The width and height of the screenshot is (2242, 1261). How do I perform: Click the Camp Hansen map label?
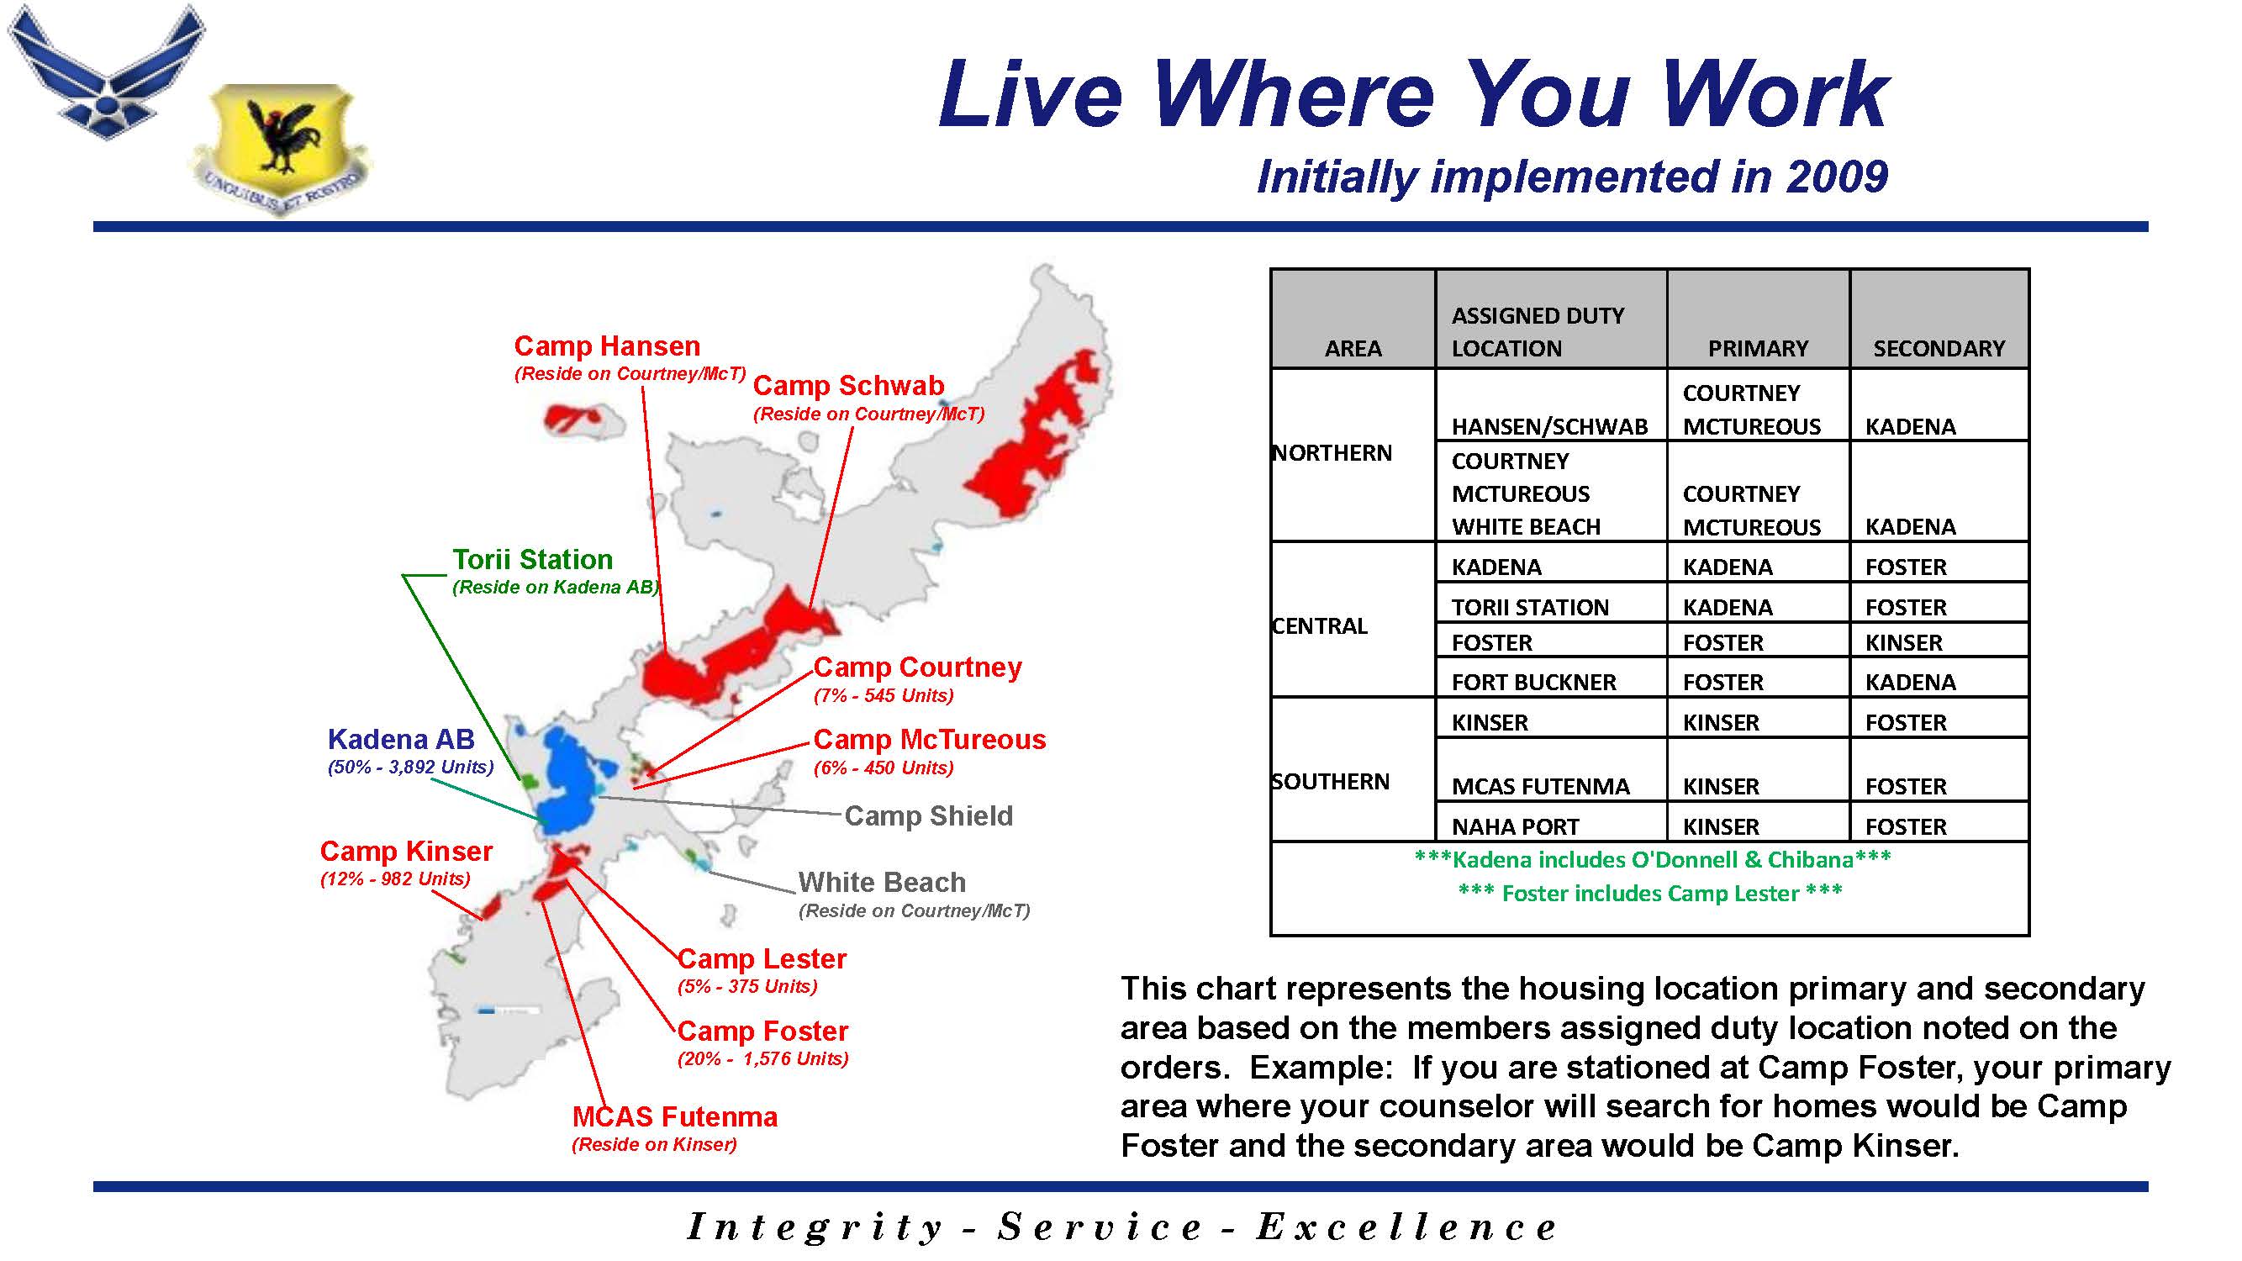click(x=607, y=346)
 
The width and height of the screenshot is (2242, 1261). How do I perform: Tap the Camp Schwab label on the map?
click(x=848, y=387)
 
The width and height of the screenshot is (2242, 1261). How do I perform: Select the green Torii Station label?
click(x=532, y=560)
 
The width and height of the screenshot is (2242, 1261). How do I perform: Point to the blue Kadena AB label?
click(x=401, y=740)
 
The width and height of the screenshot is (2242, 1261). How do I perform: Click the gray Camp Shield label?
click(x=929, y=816)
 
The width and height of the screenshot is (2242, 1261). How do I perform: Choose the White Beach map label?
click(x=882, y=883)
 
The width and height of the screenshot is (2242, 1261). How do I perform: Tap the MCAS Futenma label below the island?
click(x=674, y=1117)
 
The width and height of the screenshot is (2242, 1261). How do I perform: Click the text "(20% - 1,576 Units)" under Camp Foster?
click(x=762, y=1059)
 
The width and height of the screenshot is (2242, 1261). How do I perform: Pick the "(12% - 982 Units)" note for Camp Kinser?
click(x=395, y=879)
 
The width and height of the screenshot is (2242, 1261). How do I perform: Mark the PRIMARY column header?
click(x=1757, y=349)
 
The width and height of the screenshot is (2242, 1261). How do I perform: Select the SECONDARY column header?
click(x=1939, y=349)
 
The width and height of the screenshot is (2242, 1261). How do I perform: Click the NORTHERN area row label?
click(x=1332, y=453)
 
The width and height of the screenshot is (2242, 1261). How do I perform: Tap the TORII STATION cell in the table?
click(x=1530, y=608)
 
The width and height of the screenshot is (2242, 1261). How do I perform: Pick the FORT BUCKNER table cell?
click(x=1533, y=683)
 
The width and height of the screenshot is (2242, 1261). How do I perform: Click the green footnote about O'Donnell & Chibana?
click(x=1652, y=860)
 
